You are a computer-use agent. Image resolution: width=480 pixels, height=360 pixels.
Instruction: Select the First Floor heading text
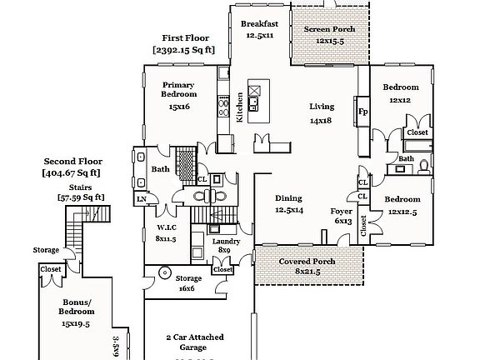pyautogui.click(x=184, y=38)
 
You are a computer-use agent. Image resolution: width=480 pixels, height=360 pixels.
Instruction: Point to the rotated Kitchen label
pyautogui.click(x=240, y=107)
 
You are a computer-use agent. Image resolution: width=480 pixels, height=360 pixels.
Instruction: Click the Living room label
pyautogui.click(x=321, y=107)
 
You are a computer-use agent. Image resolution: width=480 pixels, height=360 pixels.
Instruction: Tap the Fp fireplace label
pyautogui.click(x=362, y=112)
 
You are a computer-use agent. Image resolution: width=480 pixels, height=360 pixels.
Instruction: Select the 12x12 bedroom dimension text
pyautogui.click(x=399, y=100)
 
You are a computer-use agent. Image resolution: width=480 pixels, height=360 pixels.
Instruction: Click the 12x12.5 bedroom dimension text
pyautogui.click(x=402, y=212)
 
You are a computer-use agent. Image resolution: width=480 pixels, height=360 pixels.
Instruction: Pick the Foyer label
pyautogui.click(x=342, y=211)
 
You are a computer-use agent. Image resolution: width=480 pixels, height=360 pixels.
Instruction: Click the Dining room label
pyautogui.click(x=288, y=199)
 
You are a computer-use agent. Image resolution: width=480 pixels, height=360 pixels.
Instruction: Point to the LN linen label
pyautogui.click(x=141, y=198)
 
